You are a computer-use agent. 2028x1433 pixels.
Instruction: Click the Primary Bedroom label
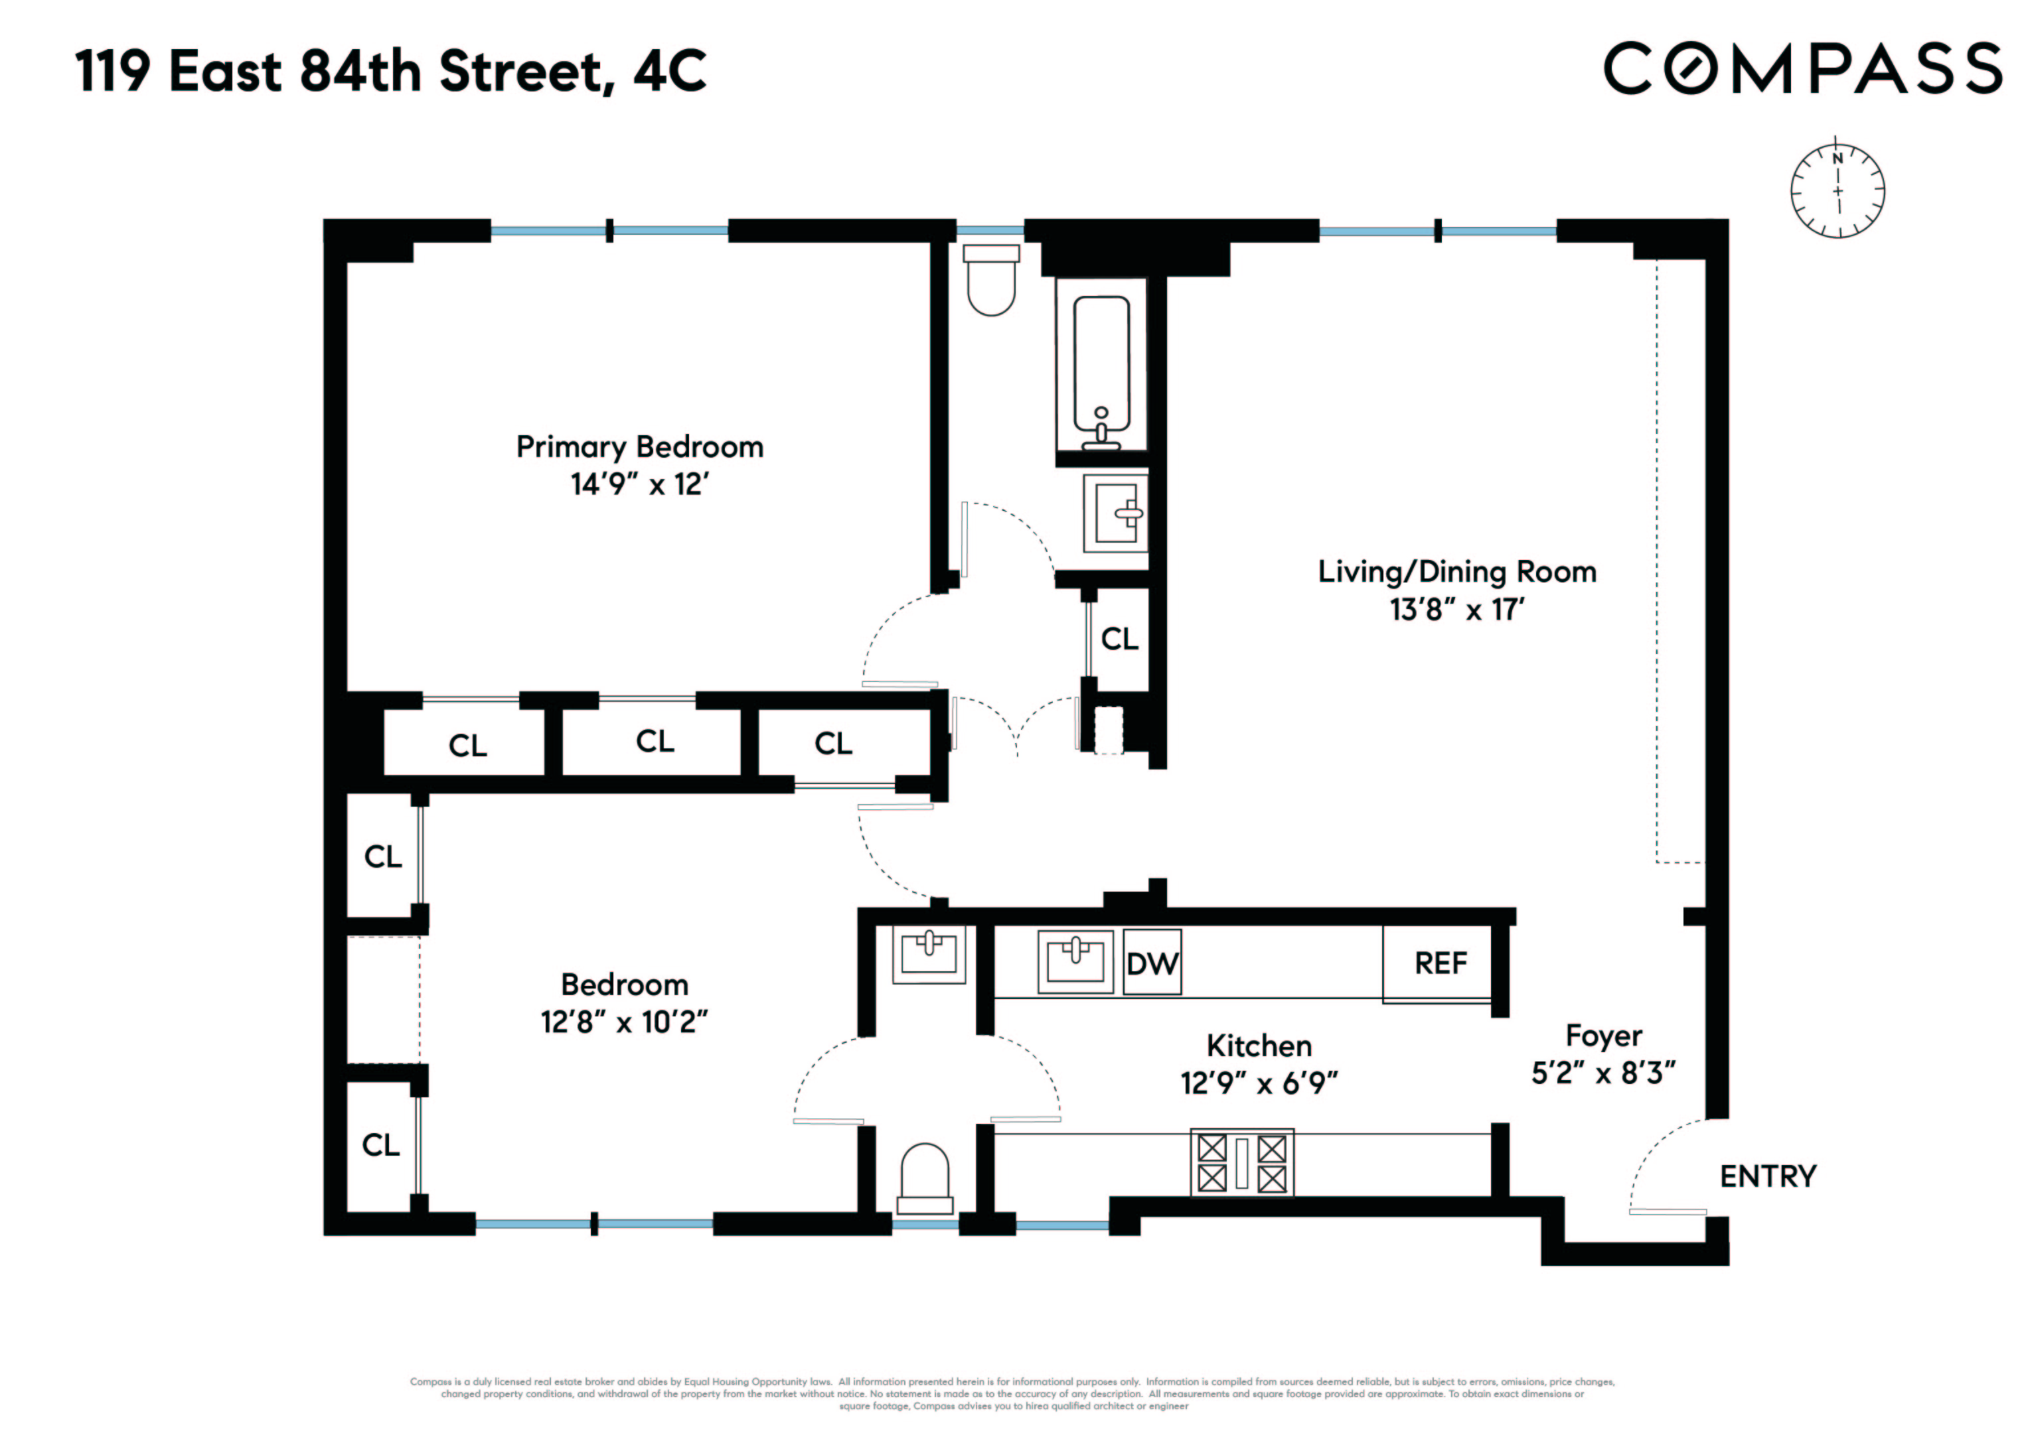point(639,446)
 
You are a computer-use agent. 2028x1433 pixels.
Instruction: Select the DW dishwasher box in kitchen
point(1152,963)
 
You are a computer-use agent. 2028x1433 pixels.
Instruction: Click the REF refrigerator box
point(1440,963)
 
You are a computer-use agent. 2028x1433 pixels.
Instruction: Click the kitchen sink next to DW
point(1075,961)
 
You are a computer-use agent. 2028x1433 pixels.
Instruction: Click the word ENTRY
point(1767,1177)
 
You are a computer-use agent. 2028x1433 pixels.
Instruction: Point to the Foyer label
point(1603,1036)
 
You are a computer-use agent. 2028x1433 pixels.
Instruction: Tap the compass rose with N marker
point(1837,190)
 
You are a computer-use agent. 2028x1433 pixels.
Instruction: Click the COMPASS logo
point(1802,69)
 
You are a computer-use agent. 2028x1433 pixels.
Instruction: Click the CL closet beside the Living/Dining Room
point(1119,638)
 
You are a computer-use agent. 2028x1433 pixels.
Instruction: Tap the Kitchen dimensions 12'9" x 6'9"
point(1259,1083)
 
